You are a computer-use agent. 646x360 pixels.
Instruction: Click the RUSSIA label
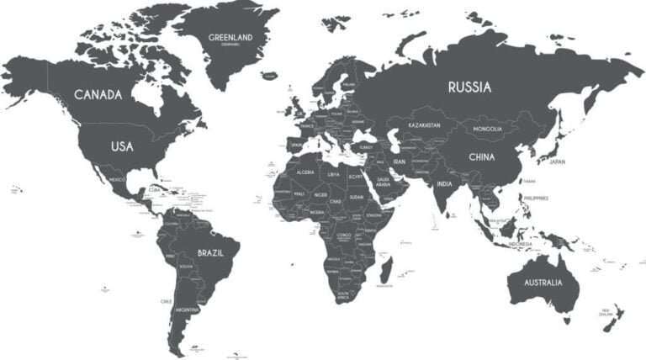tap(470, 87)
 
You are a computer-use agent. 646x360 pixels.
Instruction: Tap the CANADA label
tap(98, 94)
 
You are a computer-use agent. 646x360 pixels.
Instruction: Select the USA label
tap(122, 146)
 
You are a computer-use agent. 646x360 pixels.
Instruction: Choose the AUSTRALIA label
tap(543, 283)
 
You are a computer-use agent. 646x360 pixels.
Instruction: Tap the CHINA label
tap(482, 156)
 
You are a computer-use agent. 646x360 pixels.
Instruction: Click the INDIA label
tap(445, 184)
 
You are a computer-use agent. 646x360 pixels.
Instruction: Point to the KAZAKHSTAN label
tap(425, 125)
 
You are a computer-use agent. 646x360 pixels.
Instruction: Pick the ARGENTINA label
tap(187, 310)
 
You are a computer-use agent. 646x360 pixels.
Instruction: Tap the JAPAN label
tap(558, 161)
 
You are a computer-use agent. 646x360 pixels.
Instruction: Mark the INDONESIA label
tap(520, 244)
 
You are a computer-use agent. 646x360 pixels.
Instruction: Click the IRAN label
tap(400, 161)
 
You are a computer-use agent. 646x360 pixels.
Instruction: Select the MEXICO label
tap(117, 179)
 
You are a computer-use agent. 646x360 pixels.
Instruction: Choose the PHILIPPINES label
tap(535, 198)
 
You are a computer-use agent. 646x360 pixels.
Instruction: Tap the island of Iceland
tap(269, 76)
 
